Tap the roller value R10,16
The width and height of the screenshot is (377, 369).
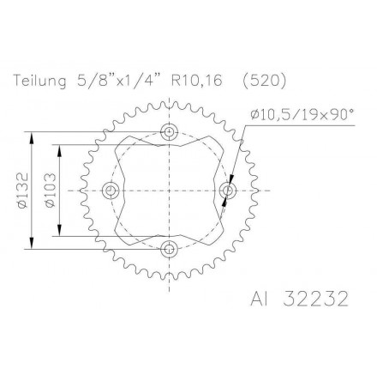point(197,82)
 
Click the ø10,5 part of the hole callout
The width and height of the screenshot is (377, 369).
point(272,114)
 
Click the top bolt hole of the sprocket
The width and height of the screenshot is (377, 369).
point(169,132)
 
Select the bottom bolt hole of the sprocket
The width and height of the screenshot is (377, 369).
point(169,249)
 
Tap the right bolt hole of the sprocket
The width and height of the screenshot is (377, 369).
point(227,191)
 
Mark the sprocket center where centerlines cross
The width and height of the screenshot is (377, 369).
point(169,191)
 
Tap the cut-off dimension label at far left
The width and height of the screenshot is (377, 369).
point(10,191)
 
